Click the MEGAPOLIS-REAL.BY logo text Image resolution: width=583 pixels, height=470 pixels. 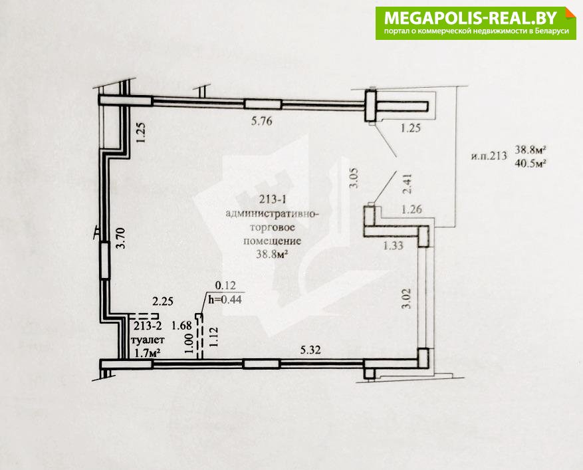tap(471, 18)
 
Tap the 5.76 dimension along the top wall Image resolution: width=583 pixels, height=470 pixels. tap(261, 121)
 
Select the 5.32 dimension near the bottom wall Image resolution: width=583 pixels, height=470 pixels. tap(310, 350)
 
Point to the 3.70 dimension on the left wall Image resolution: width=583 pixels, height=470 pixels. tap(123, 239)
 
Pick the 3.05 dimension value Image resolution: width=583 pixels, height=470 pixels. tap(354, 178)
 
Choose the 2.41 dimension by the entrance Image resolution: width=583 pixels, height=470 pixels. tap(408, 183)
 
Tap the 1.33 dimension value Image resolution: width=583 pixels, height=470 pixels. tap(393, 245)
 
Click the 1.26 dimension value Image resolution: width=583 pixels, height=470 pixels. tap(411, 209)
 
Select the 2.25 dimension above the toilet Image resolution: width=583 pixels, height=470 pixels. tap(163, 300)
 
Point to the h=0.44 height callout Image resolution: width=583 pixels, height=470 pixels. tap(225, 299)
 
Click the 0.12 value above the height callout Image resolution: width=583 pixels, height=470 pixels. tap(226, 286)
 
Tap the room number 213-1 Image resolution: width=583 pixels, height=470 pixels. tap(273, 199)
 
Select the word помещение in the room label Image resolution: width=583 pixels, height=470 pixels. tap(272, 241)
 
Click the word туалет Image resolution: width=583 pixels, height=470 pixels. tap(148, 340)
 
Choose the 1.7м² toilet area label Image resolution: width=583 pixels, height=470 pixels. tap(147, 353)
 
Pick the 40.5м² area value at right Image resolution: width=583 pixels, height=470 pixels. tap(530, 163)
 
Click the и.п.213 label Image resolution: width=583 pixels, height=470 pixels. tap(489, 156)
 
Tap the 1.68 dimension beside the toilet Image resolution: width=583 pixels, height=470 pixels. tap(181, 326)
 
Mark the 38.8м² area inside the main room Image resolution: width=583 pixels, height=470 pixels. tap(273, 255)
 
